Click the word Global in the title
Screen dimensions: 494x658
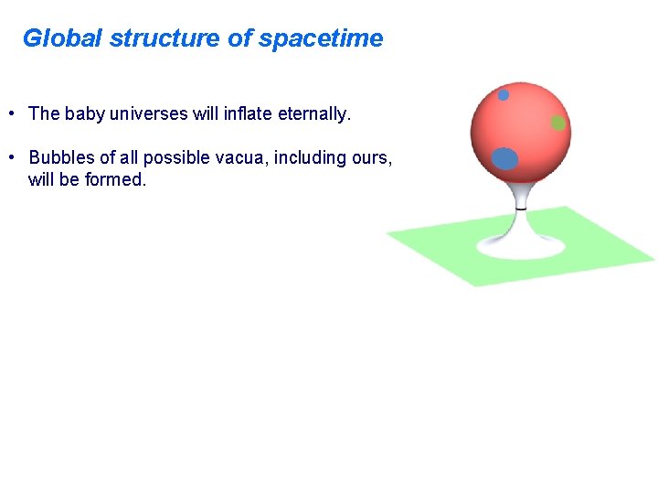point(62,38)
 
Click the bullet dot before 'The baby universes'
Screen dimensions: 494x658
point(9,114)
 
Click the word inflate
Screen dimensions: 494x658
point(248,114)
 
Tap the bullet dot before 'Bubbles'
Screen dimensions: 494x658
point(9,158)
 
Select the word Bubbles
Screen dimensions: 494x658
point(60,158)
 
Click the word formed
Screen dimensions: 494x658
point(115,180)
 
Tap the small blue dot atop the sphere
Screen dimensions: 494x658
point(503,94)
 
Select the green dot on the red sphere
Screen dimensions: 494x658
point(557,123)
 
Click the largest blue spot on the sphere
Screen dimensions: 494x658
point(504,158)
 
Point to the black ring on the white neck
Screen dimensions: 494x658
point(520,208)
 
